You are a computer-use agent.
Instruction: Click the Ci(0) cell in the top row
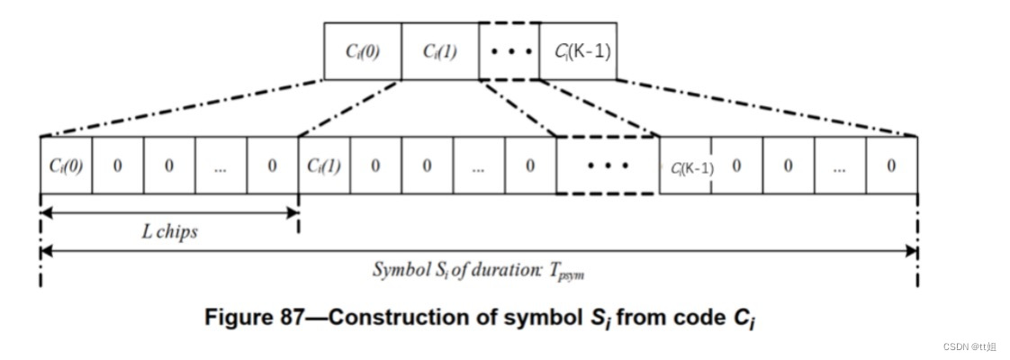pos(362,51)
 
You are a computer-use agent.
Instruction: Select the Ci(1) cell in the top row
pos(440,51)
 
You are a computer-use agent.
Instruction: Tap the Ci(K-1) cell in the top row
pos(578,51)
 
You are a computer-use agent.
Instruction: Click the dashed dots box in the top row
pos(510,51)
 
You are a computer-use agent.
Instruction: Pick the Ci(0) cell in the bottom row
pos(66,166)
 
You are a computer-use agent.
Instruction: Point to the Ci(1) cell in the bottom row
pos(324,166)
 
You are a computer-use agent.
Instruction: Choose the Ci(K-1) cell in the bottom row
pos(686,166)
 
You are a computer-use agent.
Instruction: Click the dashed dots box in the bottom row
pos(608,166)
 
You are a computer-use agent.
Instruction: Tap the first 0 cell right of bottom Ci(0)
pos(117,166)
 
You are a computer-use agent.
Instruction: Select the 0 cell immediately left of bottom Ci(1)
pos(273,166)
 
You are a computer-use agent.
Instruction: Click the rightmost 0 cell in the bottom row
pos(891,166)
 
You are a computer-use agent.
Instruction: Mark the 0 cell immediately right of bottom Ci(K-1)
pos(736,166)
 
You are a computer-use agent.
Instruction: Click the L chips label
pos(169,231)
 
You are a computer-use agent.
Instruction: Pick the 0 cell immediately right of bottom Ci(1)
pos(375,166)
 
